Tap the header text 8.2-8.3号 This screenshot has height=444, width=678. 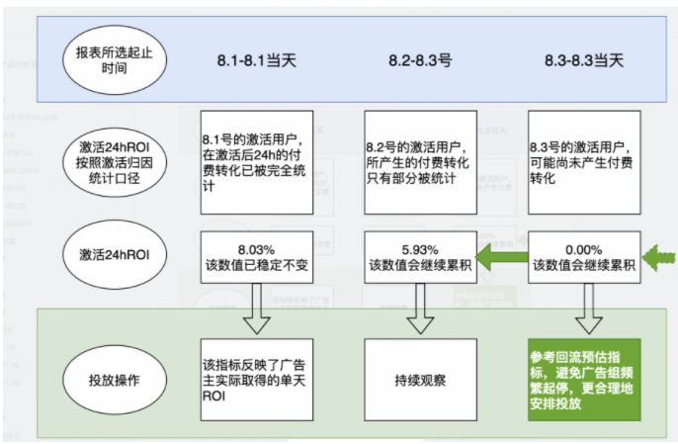(419, 60)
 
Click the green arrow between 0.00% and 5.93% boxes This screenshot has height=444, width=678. (503, 260)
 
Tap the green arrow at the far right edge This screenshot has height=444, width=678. (658, 260)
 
